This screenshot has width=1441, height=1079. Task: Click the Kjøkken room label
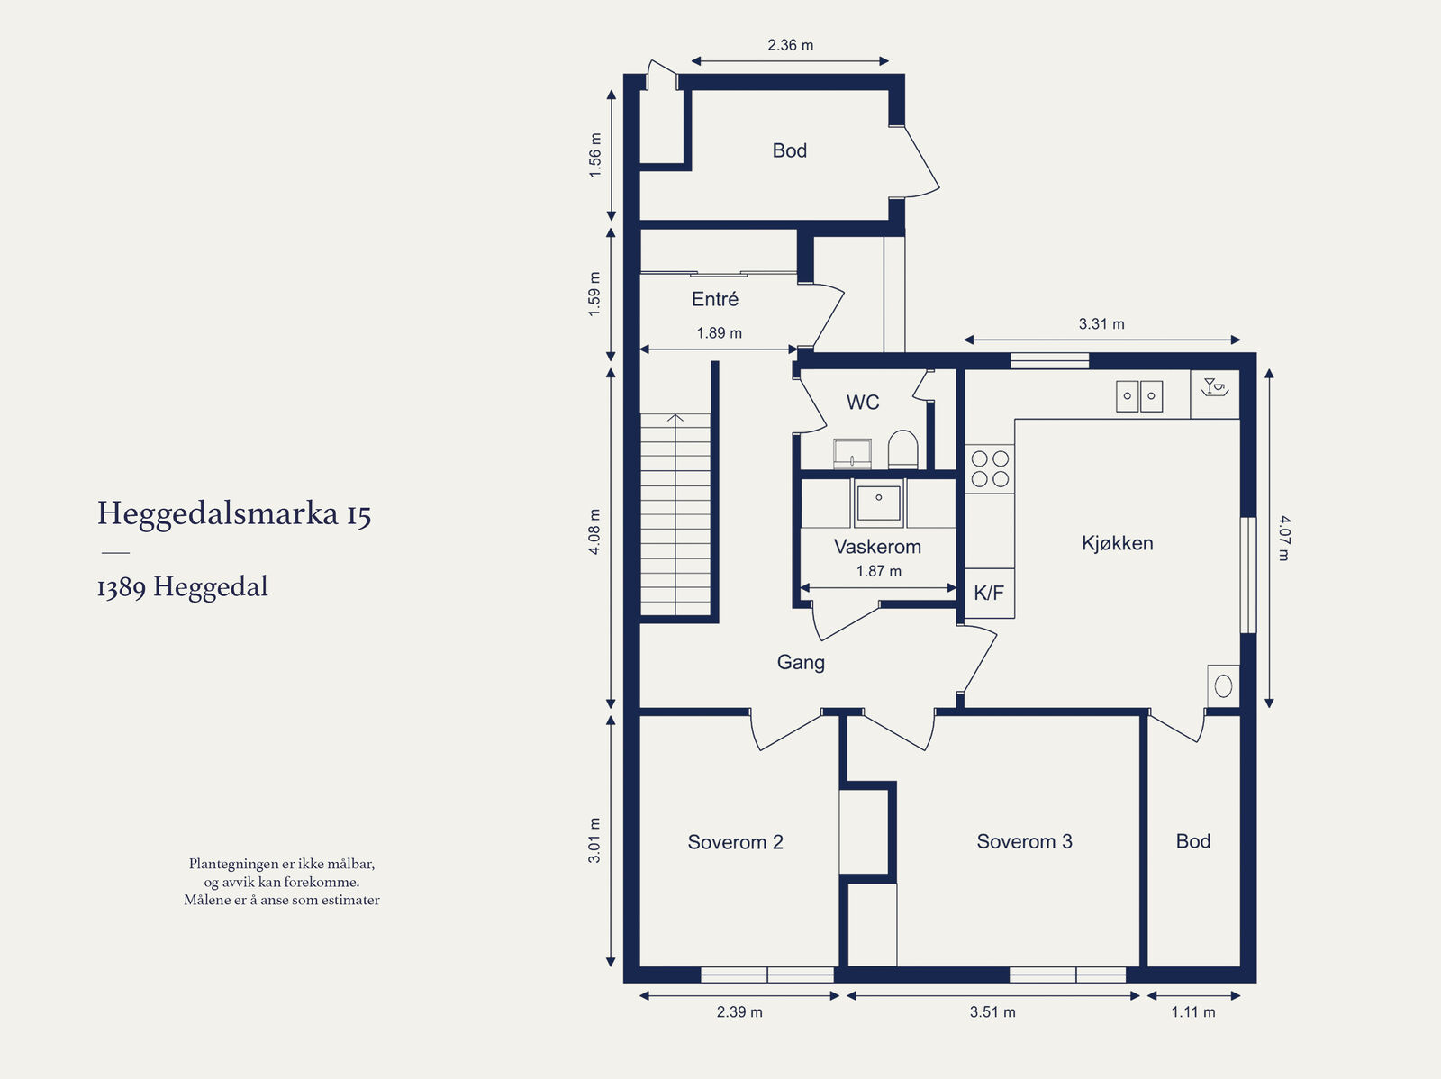[x=1118, y=543]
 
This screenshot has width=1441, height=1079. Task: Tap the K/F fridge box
[x=989, y=594]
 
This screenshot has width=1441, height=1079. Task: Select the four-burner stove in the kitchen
[x=990, y=468]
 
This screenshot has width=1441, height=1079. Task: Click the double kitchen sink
[x=1139, y=396]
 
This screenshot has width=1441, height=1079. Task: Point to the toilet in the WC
[x=902, y=449]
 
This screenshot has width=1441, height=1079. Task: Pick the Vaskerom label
[x=877, y=547]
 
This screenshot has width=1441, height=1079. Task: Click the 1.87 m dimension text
[x=878, y=571]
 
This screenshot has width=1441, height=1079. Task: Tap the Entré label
[x=715, y=299]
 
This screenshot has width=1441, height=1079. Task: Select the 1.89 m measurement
[x=719, y=333]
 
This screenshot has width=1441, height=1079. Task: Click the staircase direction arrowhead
[x=675, y=417]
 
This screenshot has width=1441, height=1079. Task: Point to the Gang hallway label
[x=801, y=662]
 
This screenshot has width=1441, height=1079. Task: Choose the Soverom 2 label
[x=735, y=842]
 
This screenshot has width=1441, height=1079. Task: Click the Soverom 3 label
[x=1024, y=841]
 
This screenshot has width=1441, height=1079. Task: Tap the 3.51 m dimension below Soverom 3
[x=992, y=1012]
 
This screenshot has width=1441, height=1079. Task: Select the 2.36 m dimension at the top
[x=791, y=45]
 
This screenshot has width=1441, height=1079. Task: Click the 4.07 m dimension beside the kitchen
[x=1285, y=539]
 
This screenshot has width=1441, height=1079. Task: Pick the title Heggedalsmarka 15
[x=234, y=514]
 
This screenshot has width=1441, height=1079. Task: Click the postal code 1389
[x=122, y=588]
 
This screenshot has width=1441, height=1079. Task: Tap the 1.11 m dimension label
[x=1192, y=1012]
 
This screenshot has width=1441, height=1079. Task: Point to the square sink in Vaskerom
[x=878, y=503]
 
